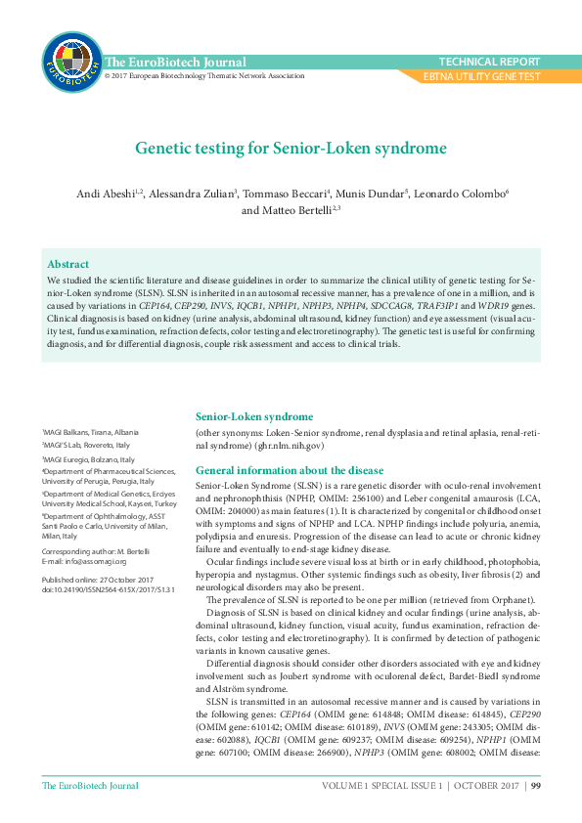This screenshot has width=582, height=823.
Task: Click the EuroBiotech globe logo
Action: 72,62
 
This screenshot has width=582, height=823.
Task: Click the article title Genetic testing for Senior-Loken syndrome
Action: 291,149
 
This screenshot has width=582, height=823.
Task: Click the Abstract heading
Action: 67,264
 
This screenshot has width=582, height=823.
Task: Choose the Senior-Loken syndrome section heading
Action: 254,416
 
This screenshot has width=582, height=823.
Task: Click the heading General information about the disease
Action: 290,470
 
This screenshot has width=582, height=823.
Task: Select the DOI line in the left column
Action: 108,589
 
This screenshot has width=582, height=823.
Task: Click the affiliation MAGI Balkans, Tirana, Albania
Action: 91,431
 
